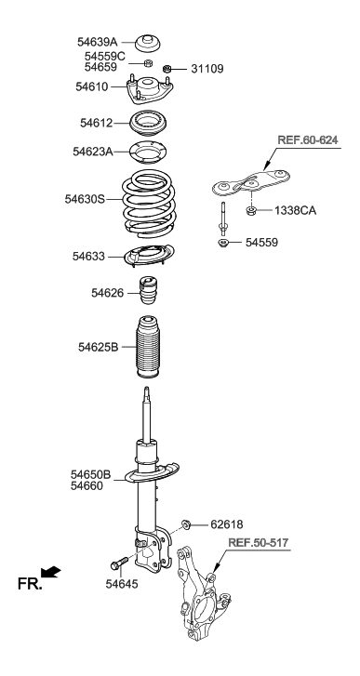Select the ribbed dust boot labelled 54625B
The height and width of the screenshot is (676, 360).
(151, 349)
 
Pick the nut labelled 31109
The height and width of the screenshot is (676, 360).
(168, 69)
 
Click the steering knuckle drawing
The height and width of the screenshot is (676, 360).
(205, 595)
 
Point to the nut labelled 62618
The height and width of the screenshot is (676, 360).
(186, 525)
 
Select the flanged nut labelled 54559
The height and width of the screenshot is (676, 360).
(223, 244)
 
